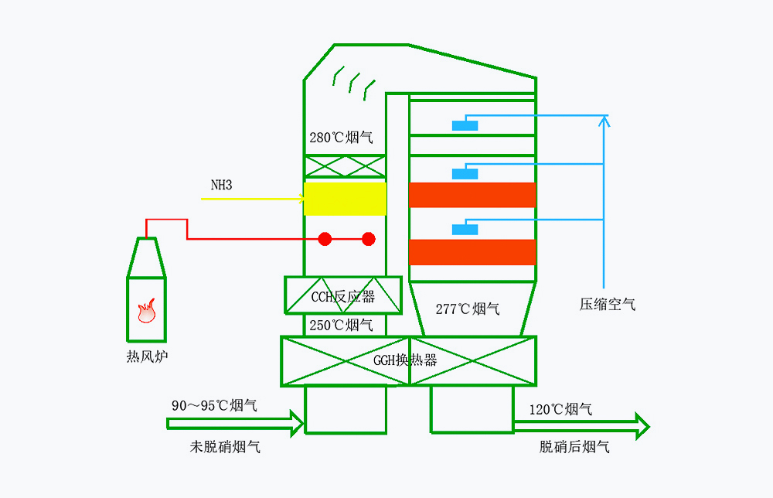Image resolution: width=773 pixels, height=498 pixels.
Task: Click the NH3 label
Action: (221, 186)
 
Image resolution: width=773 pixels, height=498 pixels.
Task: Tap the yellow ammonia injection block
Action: (345, 199)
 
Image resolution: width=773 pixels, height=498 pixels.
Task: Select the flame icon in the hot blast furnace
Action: (146, 311)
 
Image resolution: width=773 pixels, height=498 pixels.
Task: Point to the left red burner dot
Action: (325, 239)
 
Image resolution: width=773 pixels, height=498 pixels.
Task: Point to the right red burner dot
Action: (369, 239)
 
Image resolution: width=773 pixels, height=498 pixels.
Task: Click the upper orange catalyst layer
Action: (472, 195)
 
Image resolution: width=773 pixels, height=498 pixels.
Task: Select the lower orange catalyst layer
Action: (472, 252)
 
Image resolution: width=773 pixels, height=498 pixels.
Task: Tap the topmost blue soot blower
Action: (465, 125)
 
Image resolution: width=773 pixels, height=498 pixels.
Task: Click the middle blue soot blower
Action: (465, 173)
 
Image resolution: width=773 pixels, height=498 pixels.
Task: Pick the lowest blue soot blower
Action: (465, 229)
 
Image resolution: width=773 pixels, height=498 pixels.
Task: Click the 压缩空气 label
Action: (608, 305)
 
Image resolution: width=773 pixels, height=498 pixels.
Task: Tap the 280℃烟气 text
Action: (341, 138)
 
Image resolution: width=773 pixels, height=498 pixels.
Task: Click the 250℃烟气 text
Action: (341, 326)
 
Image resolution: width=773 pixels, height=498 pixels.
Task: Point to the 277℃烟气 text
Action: (468, 309)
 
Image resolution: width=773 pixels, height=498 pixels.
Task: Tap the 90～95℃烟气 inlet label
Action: (214, 405)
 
